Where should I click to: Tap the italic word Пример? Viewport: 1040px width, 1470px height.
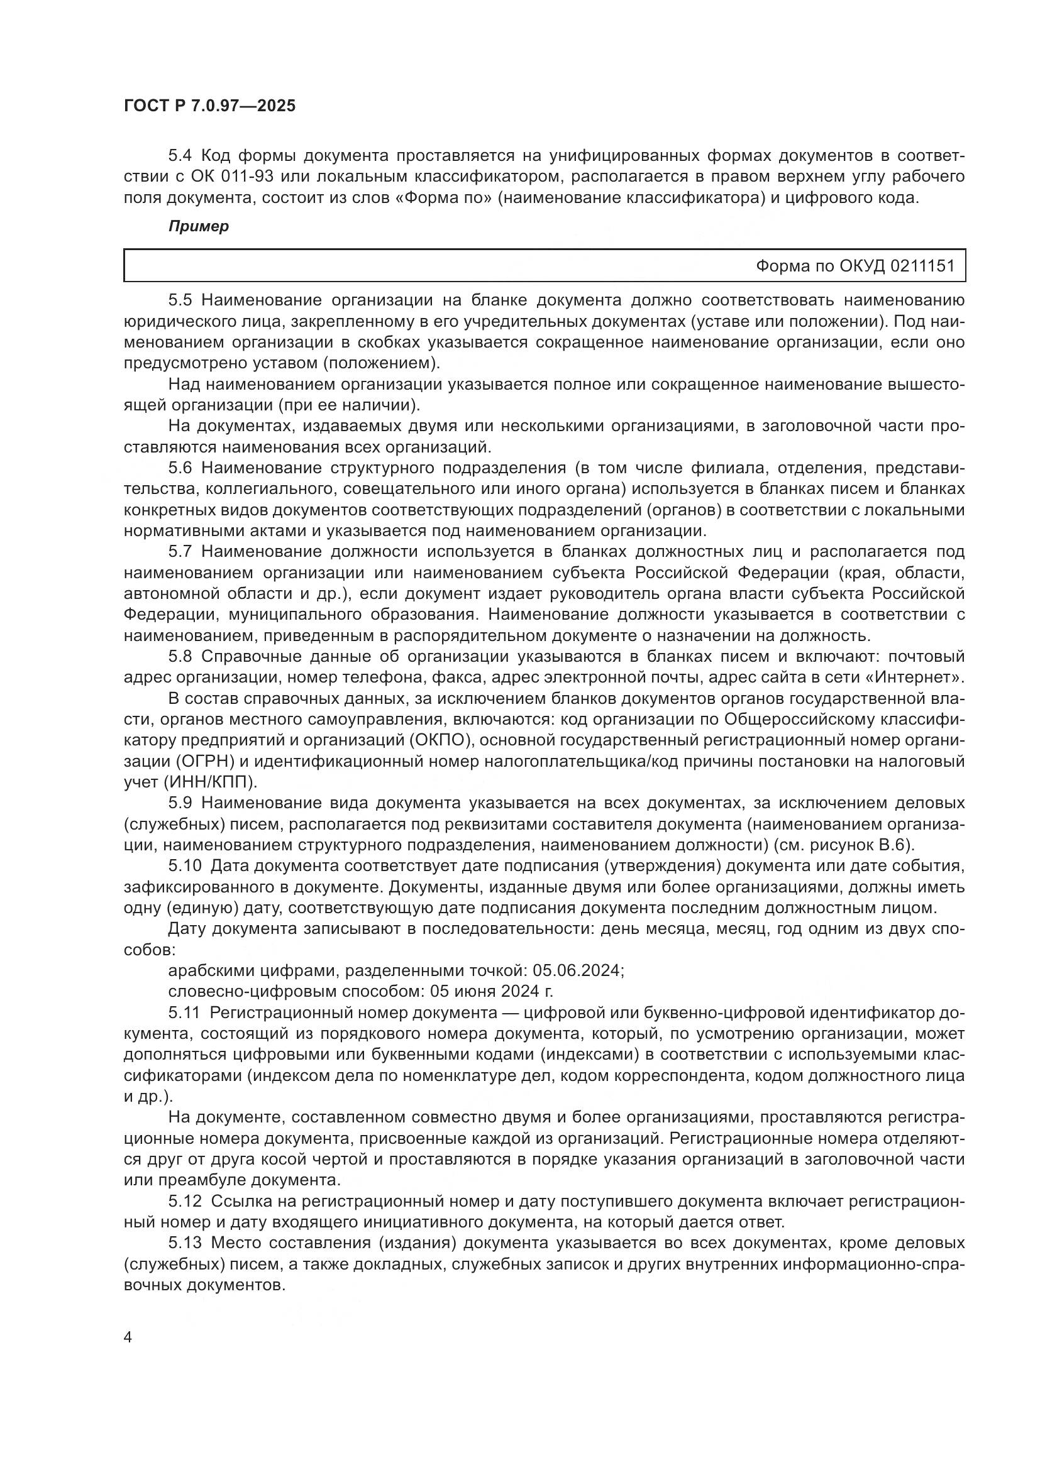pos(199,227)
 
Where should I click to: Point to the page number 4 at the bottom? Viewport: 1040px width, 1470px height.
pos(128,1337)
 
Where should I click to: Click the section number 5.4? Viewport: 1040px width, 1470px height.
pos(180,156)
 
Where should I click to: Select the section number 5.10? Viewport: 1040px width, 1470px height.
pos(184,866)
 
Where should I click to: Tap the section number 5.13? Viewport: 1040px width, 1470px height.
pos(184,1242)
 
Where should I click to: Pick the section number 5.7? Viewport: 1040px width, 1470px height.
pos(180,552)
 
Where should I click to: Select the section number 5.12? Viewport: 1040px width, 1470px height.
pos(184,1201)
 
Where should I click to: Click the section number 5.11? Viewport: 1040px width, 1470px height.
pos(184,1013)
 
